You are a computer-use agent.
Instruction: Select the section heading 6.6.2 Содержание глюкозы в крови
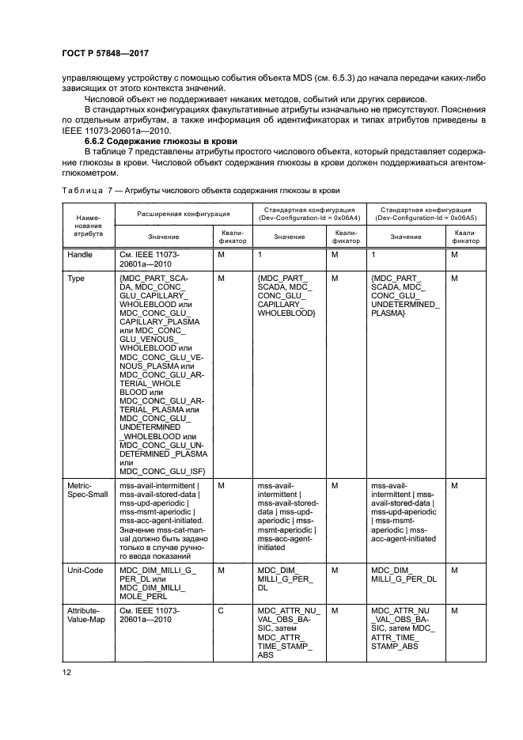click(x=152, y=139)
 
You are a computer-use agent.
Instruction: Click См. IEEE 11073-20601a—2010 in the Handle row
click(x=151, y=260)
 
